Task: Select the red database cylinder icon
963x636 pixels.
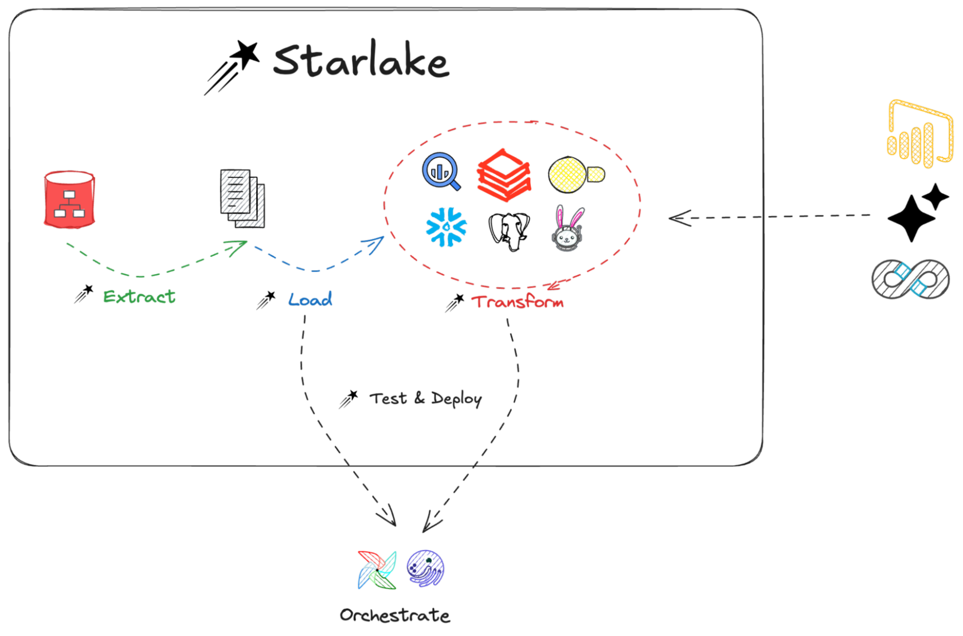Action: (x=69, y=199)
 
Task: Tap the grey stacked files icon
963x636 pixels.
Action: (x=242, y=199)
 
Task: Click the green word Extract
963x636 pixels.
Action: (x=139, y=296)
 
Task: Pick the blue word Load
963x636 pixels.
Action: (x=310, y=299)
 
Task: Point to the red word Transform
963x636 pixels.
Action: (x=517, y=302)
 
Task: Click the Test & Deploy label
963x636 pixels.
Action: (x=425, y=398)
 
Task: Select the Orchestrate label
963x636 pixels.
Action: (x=394, y=615)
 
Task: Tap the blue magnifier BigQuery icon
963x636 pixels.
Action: (x=441, y=171)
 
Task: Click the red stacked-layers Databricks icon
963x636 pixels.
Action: (x=504, y=175)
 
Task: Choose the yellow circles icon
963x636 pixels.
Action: (x=575, y=174)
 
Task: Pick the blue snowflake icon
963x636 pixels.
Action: (x=446, y=227)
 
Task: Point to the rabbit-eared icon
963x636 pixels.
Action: (x=568, y=229)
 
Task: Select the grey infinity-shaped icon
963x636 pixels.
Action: (x=910, y=279)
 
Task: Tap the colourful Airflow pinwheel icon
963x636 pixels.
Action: (x=377, y=569)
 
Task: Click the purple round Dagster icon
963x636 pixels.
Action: (x=425, y=568)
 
